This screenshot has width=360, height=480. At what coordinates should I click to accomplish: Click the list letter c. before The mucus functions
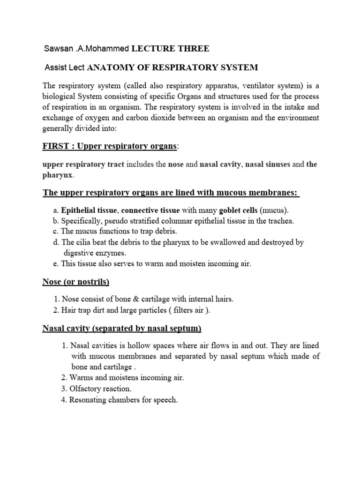click(56, 232)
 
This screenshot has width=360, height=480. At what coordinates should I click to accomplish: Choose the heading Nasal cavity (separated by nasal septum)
click(122, 329)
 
